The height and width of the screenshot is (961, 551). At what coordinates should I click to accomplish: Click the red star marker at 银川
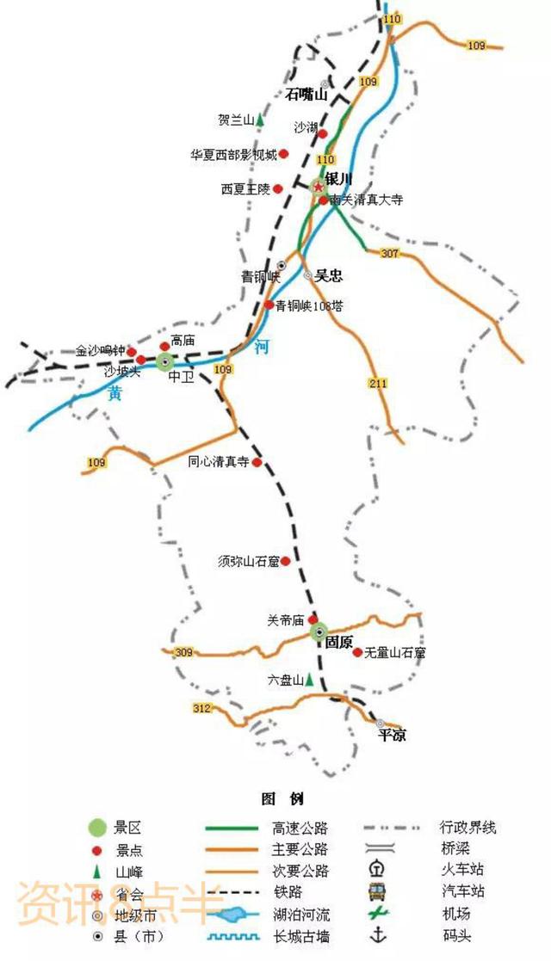[x=318, y=187]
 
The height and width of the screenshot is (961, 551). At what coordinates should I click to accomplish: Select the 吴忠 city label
[x=328, y=275]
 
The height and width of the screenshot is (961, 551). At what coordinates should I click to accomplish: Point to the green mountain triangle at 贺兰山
[x=259, y=120]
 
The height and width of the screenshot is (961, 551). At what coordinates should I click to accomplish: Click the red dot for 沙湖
[x=323, y=133]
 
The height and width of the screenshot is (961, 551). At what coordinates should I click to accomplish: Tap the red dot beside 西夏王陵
[x=278, y=188]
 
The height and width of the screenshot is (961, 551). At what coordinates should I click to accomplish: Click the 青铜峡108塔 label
[x=308, y=305]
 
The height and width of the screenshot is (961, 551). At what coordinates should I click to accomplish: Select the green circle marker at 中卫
[x=165, y=361]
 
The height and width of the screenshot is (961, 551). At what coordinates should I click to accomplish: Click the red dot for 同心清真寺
[x=257, y=462]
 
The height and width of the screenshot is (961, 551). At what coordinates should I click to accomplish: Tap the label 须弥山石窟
[x=249, y=561]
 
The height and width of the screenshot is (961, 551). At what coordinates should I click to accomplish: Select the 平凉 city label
[x=393, y=736]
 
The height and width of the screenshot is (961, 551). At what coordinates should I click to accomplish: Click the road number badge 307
[x=389, y=253]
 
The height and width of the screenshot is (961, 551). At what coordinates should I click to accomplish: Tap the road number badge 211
[x=379, y=383]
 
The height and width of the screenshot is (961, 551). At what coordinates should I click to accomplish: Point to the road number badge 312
[x=201, y=708]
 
